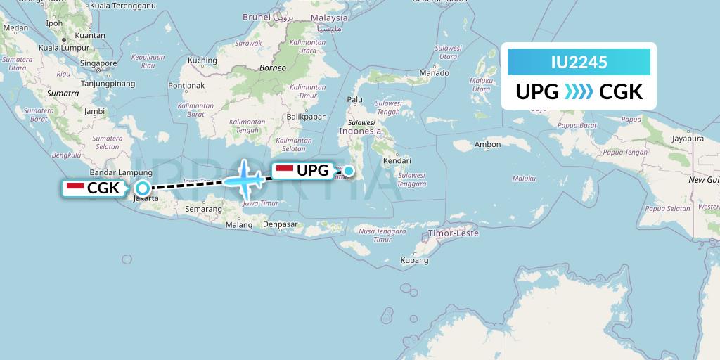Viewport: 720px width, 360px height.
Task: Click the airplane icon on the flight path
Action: [x=244, y=180]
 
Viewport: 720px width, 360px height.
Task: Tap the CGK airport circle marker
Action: [x=143, y=188]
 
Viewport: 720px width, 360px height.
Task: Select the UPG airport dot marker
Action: [x=348, y=170]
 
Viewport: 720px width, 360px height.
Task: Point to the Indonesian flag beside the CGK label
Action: [x=75, y=188]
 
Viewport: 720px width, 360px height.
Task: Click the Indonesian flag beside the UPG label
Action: [x=284, y=170]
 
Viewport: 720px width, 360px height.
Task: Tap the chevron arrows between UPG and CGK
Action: [x=579, y=92]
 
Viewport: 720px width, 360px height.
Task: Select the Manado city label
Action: [x=434, y=73]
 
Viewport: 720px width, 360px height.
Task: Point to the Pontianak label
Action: [x=186, y=86]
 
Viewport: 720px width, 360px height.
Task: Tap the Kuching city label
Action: [x=202, y=60]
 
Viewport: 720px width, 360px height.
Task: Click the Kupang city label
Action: [x=414, y=260]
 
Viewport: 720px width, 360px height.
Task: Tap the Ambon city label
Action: [x=488, y=145]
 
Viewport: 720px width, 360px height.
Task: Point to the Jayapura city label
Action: [x=688, y=139]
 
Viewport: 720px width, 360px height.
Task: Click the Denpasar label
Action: [x=280, y=224]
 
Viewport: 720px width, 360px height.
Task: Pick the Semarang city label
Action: [x=203, y=210]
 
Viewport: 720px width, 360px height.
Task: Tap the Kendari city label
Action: [x=397, y=160]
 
